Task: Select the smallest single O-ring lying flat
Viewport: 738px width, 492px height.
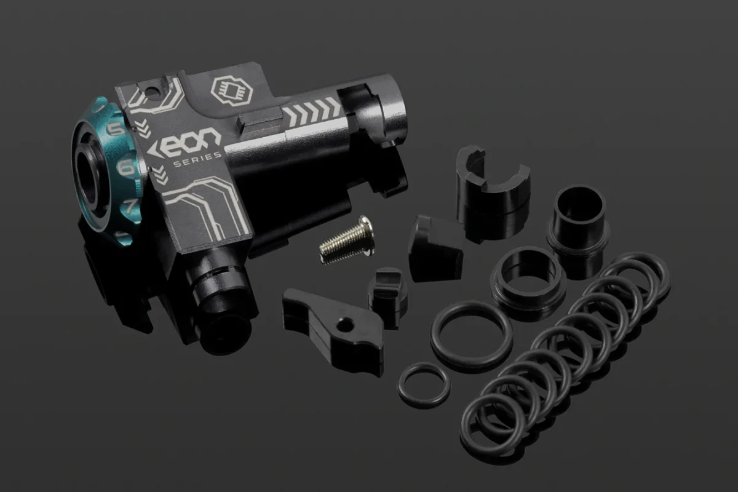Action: (423, 384)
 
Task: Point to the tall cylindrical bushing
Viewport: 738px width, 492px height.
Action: (577, 221)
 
